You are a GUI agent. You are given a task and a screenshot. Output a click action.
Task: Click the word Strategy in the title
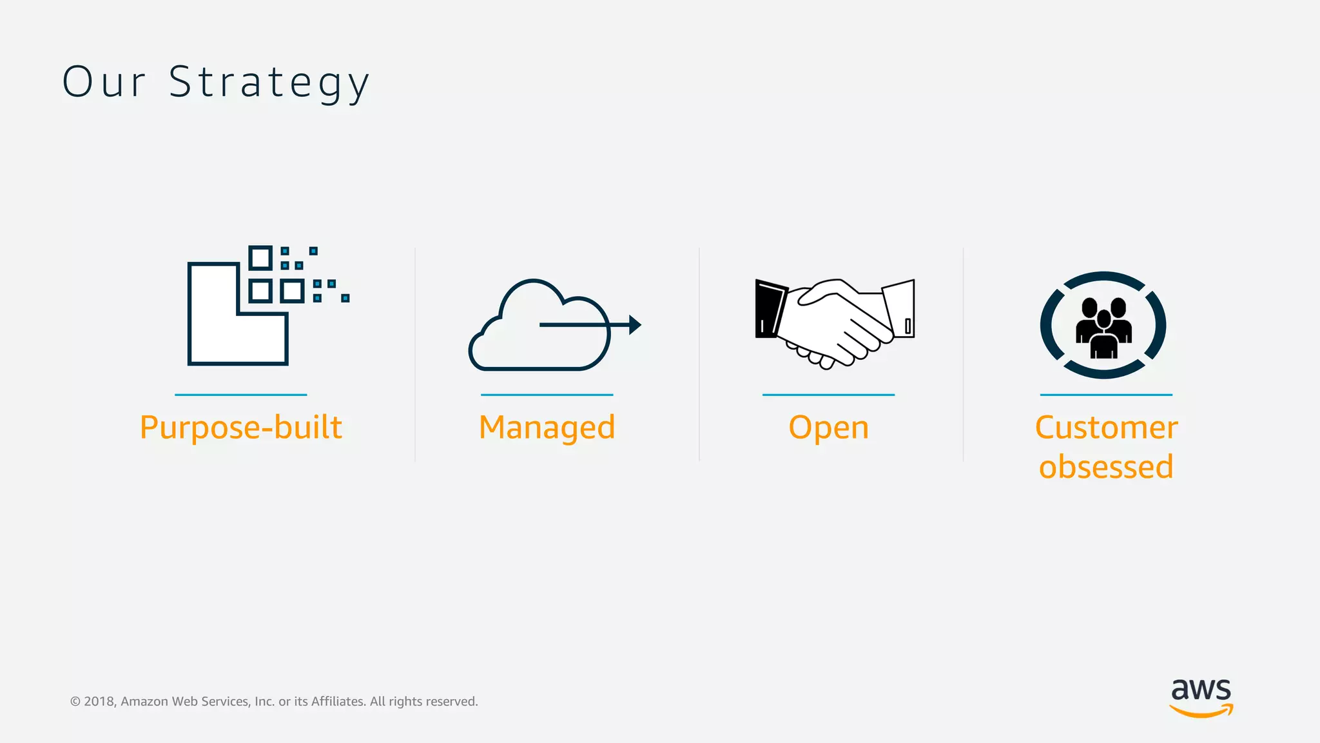click(x=269, y=83)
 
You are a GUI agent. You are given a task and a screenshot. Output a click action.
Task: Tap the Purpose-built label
click(x=241, y=428)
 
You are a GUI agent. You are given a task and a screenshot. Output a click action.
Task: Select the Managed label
click(x=547, y=428)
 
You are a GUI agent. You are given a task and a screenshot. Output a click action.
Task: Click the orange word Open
click(x=829, y=428)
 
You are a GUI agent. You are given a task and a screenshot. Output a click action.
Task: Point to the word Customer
click(x=1106, y=428)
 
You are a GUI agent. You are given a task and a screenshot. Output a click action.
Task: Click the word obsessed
click(x=1106, y=467)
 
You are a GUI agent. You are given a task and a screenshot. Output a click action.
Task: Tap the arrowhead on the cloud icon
click(x=635, y=324)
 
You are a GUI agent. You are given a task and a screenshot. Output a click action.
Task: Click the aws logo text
click(x=1201, y=690)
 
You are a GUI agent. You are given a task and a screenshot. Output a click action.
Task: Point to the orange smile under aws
click(x=1201, y=712)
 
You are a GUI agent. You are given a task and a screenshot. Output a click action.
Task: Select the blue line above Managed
click(x=547, y=395)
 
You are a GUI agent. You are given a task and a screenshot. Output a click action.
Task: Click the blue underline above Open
click(x=829, y=395)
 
